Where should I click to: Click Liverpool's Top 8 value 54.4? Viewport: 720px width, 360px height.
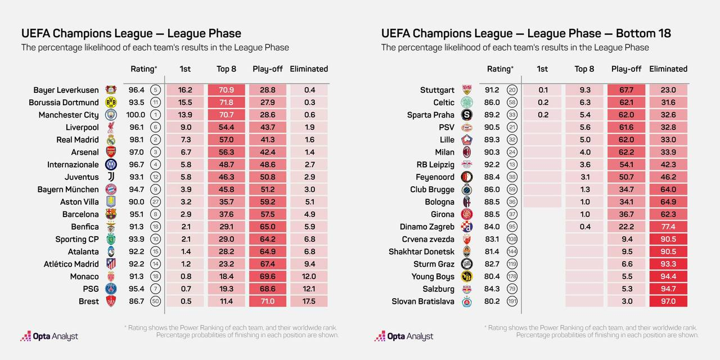pyautogui.click(x=226, y=127)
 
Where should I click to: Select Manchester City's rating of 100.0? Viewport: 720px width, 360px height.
pyautogui.click(x=137, y=115)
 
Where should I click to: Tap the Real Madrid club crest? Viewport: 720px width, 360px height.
pyautogui.click(x=111, y=139)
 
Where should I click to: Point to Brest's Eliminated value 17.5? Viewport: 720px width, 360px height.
pyautogui.click(x=309, y=301)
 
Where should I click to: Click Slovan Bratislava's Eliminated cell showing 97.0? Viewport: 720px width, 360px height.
pyautogui.click(x=668, y=301)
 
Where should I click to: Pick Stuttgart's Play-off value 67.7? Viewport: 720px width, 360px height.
pyautogui.click(x=626, y=90)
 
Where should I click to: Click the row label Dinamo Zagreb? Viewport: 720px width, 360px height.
pyautogui.click(x=427, y=227)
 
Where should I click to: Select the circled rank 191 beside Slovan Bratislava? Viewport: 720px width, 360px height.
pyautogui.click(x=512, y=301)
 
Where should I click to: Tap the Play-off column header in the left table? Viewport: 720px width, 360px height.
pyautogui.click(x=267, y=69)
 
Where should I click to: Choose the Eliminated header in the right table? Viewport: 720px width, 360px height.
pyautogui.click(x=668, y=69)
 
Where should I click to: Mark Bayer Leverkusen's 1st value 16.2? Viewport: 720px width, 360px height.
pyautogui.click(x=185, y=90)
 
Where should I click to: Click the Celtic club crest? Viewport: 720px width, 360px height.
pyautogui.click(x=467, y=102)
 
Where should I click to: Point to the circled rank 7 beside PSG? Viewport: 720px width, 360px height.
pyautogui.click(x=155, y=289)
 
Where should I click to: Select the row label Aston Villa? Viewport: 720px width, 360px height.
pyautogui.click(x=79, y=202)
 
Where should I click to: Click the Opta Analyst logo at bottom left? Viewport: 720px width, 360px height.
pyautogui.click(x=49, y=336)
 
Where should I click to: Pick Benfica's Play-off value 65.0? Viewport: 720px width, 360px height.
pyautogui.click(x=267, y=227)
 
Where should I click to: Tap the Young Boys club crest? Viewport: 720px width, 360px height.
pyautogui.click(x=467, y=276)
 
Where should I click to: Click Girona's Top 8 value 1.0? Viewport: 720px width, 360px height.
pyautogui.click(x=584, y=214)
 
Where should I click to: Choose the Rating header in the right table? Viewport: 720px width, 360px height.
pyautogui.click(x=499, y=69)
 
